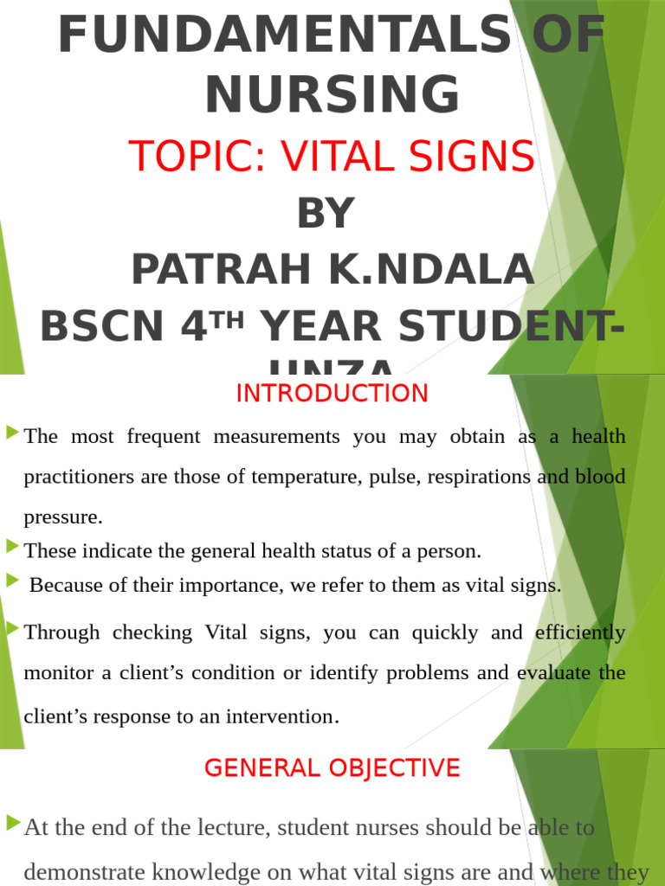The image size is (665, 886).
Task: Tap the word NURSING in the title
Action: tap(332, 94)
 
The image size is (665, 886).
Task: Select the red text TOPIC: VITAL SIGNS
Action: tap(332, 157)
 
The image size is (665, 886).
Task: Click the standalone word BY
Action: tap(326, 214)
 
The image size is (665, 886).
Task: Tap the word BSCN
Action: tap(101, 327)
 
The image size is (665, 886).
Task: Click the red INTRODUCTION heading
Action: tap(332, 394)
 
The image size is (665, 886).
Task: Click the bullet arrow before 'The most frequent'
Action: tap(12, 431)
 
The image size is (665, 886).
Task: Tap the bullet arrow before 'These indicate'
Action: tap(12, 545)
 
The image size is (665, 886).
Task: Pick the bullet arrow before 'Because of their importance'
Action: tap(12, 580)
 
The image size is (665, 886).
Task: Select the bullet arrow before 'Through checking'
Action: tap(12, 627)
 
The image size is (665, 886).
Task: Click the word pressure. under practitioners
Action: tap(63, 517)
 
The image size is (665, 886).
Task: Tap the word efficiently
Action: tap(580, 632)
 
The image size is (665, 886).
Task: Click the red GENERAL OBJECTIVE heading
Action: tap(332, 767)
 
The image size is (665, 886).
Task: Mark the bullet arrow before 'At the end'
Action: tap(12, 822)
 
